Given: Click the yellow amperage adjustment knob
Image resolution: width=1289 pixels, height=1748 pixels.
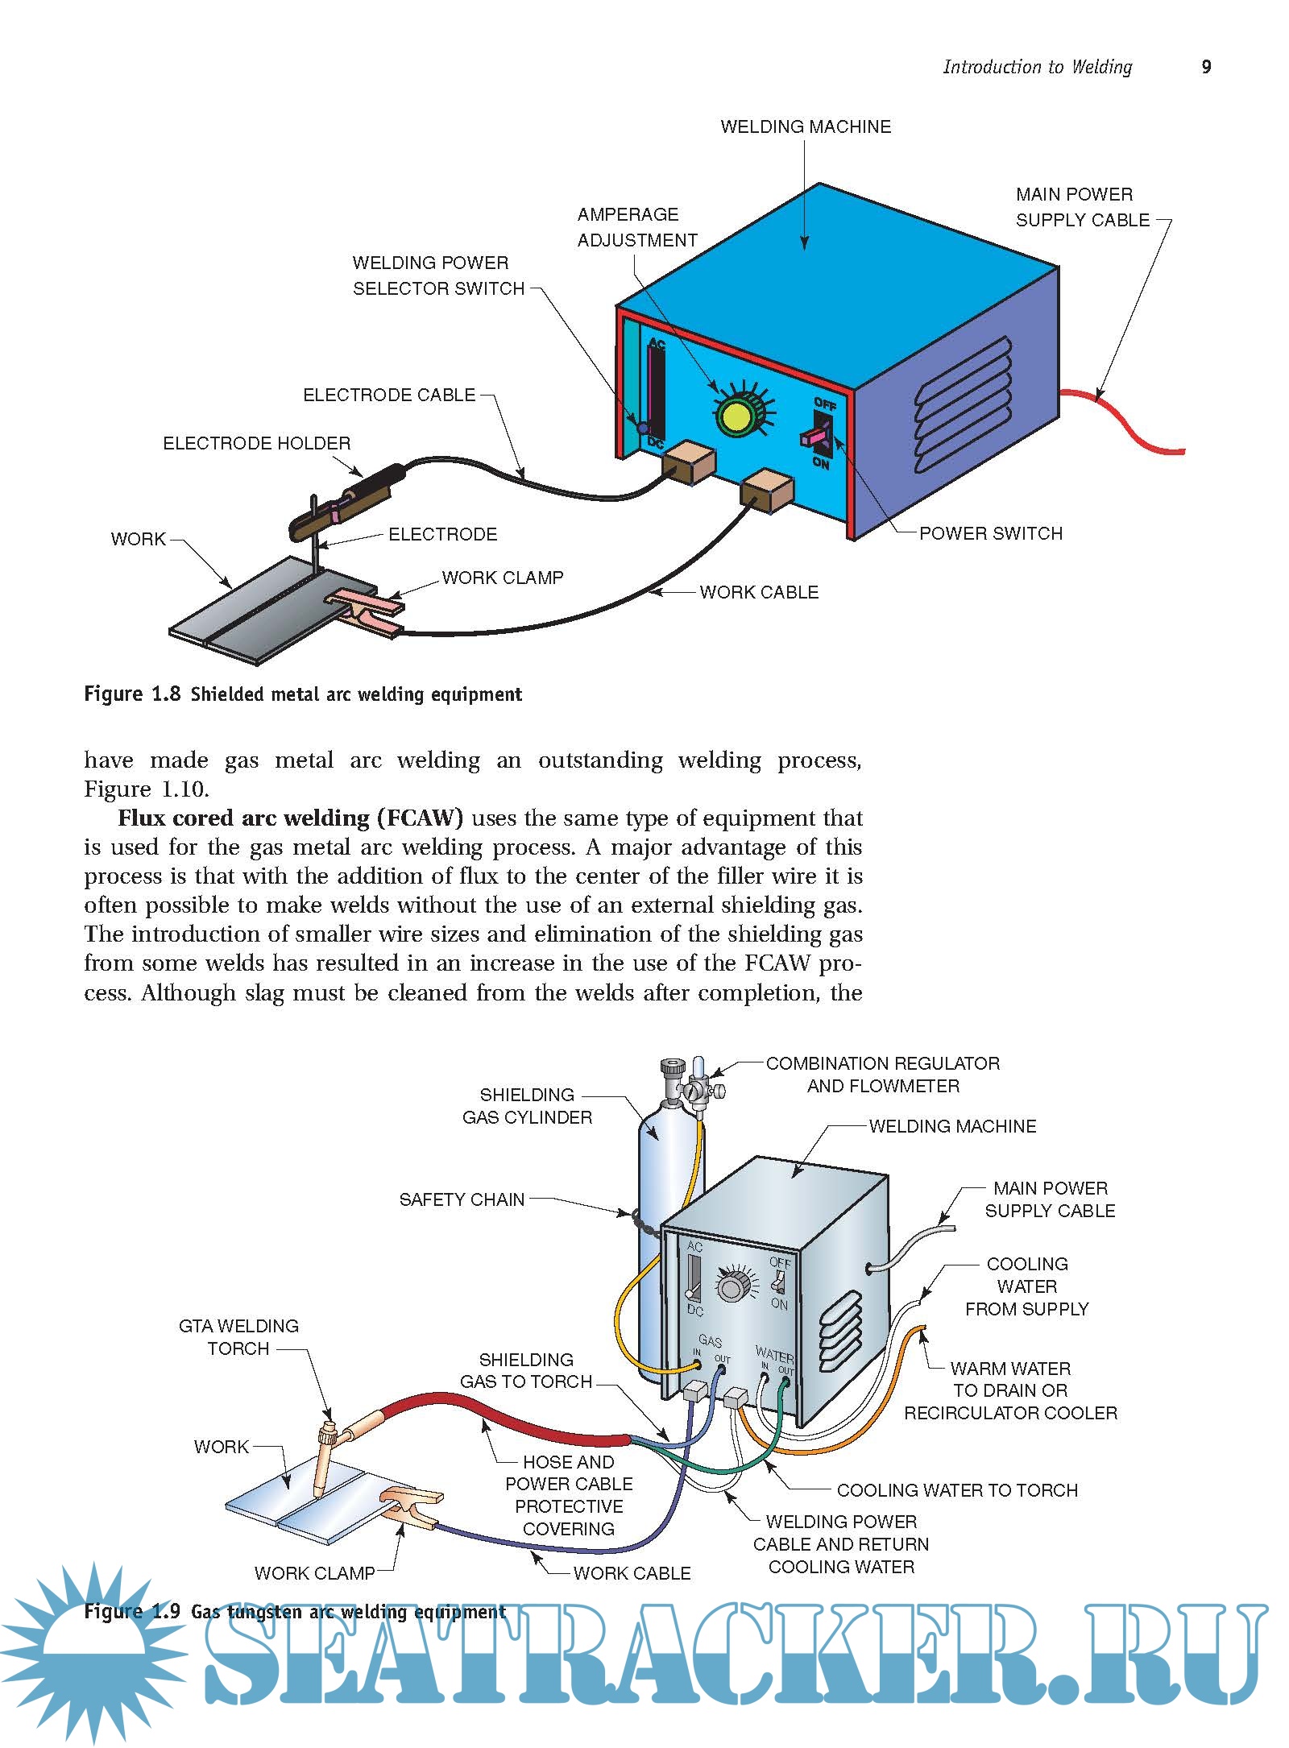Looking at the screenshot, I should click(735, 416).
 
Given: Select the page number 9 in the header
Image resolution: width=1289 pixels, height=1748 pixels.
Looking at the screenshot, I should click(1206, 67).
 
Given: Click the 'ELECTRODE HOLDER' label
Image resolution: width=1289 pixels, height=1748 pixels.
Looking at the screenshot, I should click(256, 444).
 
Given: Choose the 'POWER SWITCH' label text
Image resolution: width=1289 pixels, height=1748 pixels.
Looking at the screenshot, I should click(990, 533).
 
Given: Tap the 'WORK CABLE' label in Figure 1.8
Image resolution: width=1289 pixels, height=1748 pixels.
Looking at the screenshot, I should click(758, 592).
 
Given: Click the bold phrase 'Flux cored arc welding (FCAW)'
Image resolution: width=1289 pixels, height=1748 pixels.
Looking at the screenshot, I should click(290, 818).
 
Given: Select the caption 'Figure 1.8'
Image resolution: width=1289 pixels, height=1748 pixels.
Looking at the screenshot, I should click(132, 694).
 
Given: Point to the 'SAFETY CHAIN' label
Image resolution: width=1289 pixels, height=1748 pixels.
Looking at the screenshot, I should click(462, 1199).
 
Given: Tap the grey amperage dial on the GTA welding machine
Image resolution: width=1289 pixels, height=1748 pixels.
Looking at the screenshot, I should click(732, 1286).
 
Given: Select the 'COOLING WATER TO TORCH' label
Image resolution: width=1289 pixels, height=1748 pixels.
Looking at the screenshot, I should click(956, 1490).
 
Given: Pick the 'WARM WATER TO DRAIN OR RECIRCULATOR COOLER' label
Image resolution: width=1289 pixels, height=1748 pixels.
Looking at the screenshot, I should click(1010, 1390).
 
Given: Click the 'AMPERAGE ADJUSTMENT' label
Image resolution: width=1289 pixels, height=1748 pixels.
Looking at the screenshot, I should click(636, 227).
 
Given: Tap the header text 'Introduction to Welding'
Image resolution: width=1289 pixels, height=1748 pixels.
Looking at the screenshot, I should click(1037, 67).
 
